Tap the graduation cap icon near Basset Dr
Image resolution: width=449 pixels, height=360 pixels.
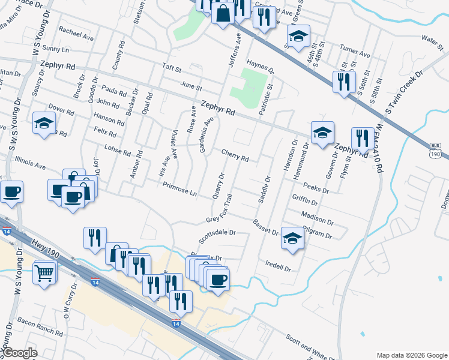point(292,238)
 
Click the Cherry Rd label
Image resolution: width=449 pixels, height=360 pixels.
point(235,155)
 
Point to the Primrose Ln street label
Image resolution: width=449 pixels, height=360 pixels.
point(179,189)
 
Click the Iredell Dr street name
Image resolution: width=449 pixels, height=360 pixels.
point(278,265)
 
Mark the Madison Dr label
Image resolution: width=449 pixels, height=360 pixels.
point(317,218)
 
